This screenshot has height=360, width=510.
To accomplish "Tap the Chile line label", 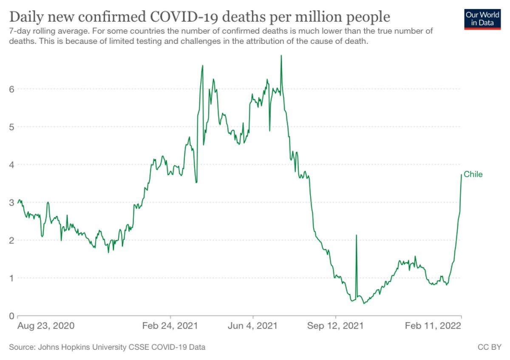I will point(473,174).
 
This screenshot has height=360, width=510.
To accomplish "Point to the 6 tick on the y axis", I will point(12,89).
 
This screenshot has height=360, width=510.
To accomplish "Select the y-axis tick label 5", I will point(12,127).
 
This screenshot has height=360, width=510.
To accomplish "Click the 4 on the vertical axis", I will point(12,164).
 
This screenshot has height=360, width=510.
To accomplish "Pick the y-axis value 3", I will point(12,202).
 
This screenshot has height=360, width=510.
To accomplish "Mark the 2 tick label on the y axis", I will point(12,240).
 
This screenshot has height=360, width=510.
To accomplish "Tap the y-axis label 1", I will point(12,278).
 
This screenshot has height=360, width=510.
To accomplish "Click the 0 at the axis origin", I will point(12,316).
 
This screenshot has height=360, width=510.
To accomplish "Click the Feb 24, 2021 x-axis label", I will point(170,326).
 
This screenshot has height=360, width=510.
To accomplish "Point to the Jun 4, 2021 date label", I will point(253,326).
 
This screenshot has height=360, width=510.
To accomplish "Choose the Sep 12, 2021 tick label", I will point(336,326).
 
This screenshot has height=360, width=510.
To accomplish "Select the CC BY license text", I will point(490,347).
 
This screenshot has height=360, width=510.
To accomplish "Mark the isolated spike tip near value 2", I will point(356,235).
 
